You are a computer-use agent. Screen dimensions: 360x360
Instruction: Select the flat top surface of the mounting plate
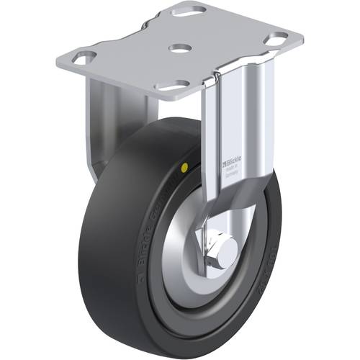[x=216, y=43]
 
